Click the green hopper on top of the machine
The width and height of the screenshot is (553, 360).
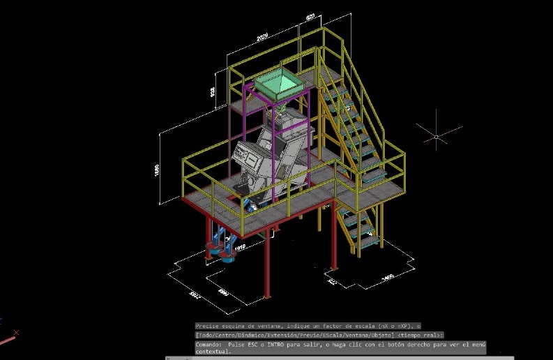[x=278, y=84]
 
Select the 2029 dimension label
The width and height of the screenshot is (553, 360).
[x=262, y=37]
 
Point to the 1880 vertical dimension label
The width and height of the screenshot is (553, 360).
[x=157, y=170]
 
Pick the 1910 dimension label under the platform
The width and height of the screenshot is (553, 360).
[x=239, y=247]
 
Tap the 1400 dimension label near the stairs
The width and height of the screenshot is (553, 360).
[x=388, y=278]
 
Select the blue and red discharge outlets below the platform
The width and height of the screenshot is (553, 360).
[x=221, y=249]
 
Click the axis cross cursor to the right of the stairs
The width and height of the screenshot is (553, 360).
[x=436, y=136]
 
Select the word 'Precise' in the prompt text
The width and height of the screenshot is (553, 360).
[x=207, y=325]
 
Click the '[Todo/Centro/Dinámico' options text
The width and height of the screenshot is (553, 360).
[x=230, y=335]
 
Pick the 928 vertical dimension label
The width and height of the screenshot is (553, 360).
[x=212, y=91]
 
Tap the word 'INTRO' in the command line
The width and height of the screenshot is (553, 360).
[x=282, y=345]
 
